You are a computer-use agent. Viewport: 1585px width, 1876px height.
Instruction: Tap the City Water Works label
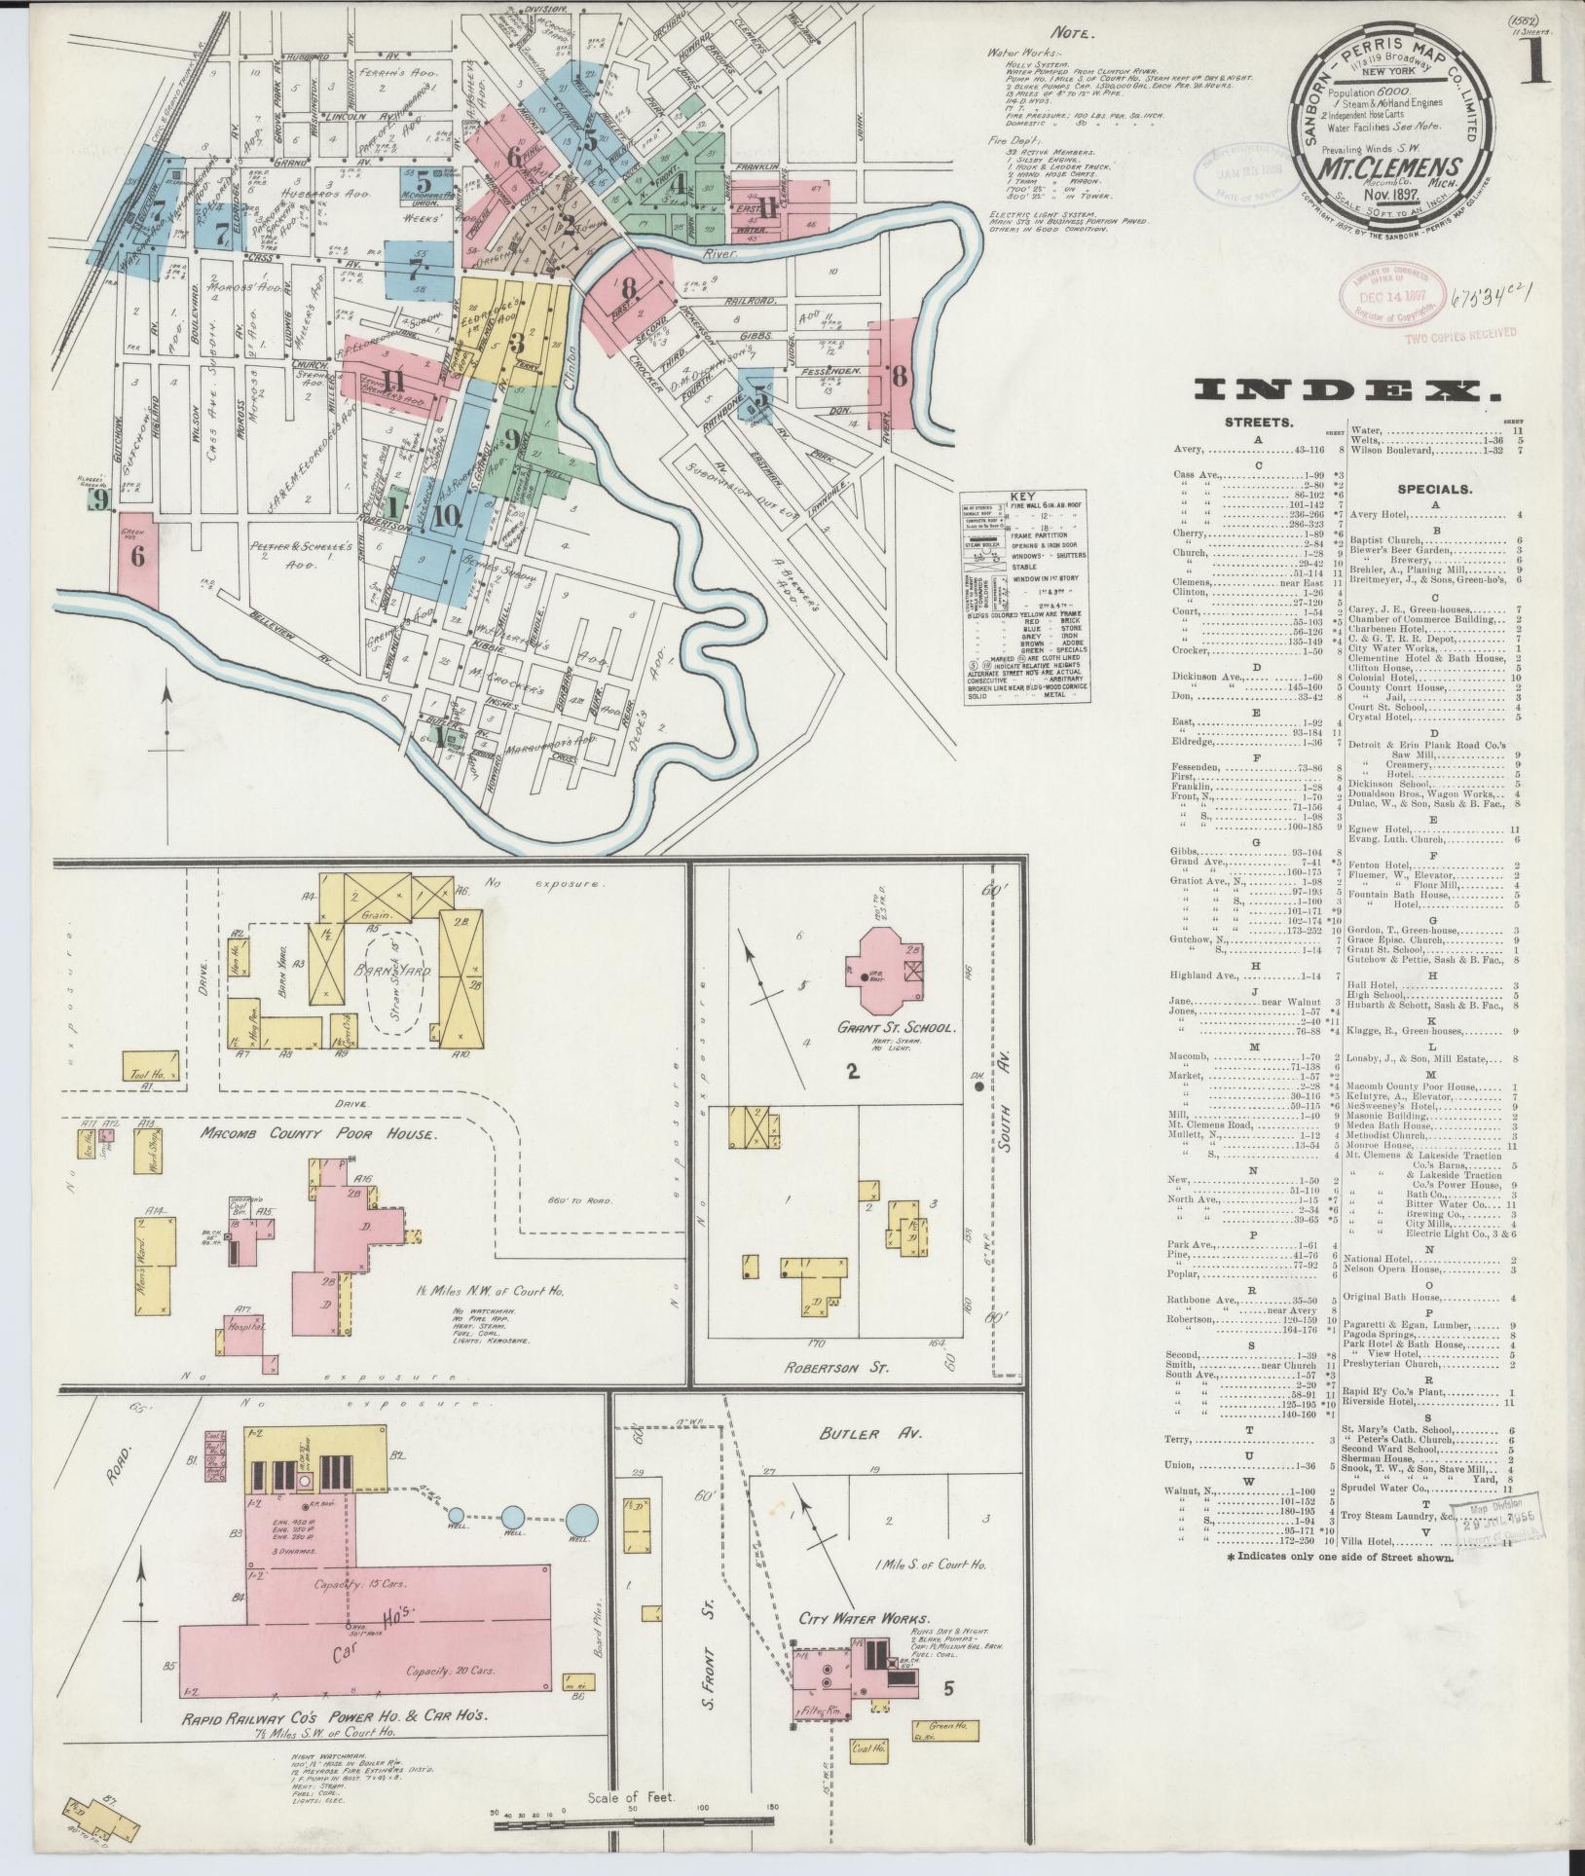pos(861,1618)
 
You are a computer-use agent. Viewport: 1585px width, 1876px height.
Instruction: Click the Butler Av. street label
pos(849,1435)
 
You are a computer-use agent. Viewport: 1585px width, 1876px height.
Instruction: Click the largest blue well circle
pos(581,1519)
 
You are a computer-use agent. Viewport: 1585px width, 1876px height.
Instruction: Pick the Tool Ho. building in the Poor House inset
pos(151,1066)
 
